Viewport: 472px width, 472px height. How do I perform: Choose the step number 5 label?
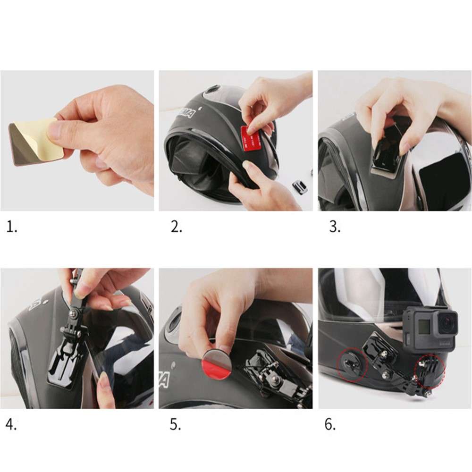click(x=176, y=425)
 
